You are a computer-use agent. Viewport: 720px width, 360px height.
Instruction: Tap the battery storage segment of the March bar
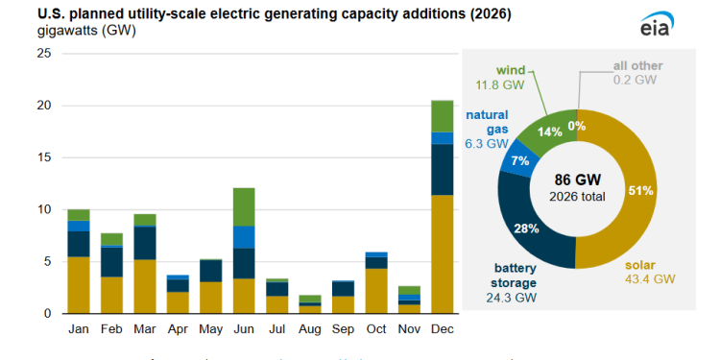(x=145, y=243)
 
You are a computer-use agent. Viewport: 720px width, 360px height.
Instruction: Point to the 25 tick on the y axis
(x=43, y=54)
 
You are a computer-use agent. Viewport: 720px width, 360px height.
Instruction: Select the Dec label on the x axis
(x=442, y=329)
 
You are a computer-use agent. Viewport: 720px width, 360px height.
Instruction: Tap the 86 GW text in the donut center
(x=576, y=179)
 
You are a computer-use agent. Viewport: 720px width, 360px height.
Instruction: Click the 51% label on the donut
(x=640, y=190)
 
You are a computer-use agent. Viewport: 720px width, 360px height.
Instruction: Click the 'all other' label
(x=638, y=67)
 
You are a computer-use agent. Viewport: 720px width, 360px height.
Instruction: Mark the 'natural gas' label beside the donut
(x=487, y=122)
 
